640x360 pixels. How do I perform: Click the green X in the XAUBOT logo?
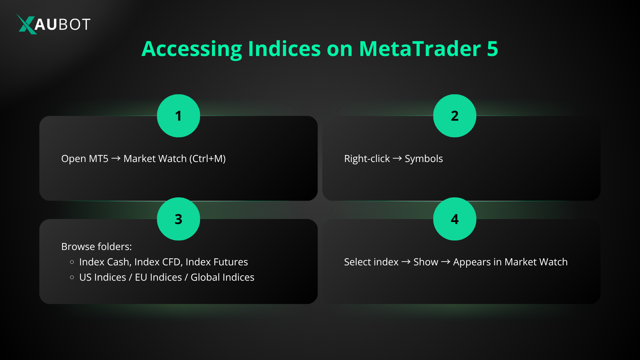pos(26,24)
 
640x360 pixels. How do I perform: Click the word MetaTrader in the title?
pos(420,49)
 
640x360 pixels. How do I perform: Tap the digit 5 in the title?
pos(492,49)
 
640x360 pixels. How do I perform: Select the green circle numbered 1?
pos(178,116)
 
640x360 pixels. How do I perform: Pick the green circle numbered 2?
pos(454,116)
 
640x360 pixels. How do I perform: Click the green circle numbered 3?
pos(178,219)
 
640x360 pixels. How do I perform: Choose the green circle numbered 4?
pos(454,219)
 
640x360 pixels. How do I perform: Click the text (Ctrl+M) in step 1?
pos(207,159)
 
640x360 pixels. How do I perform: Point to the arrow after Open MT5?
pos(116,159)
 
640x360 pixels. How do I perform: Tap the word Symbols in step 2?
pos(424,159)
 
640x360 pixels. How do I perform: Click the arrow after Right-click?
pos(397,159)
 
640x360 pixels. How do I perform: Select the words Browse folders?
pos(96,247)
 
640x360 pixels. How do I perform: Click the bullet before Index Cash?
pos(72,262)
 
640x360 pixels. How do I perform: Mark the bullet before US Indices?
pos(72,277)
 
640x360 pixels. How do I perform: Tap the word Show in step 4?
pos(426,262)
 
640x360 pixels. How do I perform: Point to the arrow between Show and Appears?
pos(445,262)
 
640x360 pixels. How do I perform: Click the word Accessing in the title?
pos(192,49)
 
